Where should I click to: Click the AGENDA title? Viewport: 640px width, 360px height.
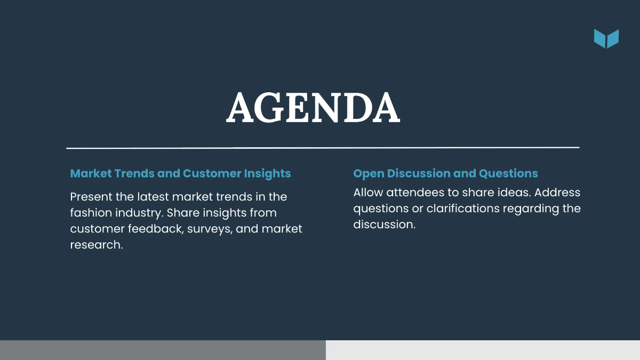(x=313, y=108)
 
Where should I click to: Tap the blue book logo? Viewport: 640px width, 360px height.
(x=606, y=39)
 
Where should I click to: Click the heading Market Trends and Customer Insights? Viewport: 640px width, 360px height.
(x=180, y=173)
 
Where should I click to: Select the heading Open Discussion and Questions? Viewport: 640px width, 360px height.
(x=445, y=173)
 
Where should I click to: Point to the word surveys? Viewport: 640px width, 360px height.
(x=207, y=229)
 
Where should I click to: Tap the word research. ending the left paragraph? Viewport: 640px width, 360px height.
(x=96, y=245)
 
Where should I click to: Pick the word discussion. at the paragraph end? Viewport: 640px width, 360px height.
(x=384, y=225)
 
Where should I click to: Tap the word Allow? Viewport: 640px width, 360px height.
(x=367, y=192)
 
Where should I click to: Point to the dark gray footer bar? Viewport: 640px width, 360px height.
(x=163, y=350)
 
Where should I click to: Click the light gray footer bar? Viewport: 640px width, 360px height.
(x=483, y=350)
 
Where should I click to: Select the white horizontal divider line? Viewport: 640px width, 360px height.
(x=322, y=148)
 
